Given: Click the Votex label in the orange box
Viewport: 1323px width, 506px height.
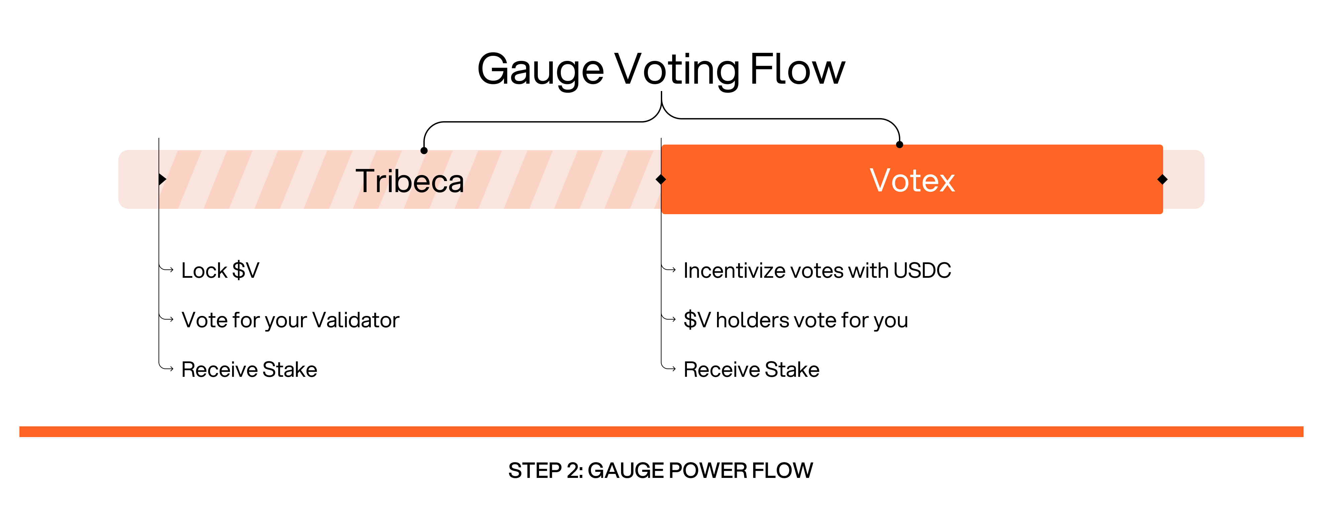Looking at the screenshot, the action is tap(912, 180).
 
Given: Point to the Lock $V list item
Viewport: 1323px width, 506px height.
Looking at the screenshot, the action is tap(220, 270).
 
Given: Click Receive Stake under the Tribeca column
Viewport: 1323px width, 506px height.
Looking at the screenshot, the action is tap(249, 369).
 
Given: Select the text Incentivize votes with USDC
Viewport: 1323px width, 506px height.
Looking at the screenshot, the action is tap(817, 270).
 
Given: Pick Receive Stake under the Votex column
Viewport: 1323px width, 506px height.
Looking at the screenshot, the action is tap(751, 369).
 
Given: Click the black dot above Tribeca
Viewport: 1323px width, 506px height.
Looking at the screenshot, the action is tap(424, 151).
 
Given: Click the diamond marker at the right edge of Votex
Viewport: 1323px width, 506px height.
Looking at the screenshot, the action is tap(1163, 179).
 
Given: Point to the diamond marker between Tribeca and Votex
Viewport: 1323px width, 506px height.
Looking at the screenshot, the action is tap(661, 179).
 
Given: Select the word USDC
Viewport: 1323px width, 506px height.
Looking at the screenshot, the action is tap(922, 270).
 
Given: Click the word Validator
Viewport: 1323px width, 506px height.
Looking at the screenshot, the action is tap(356, 320).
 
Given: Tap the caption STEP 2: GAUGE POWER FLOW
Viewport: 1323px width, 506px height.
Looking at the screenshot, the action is tap(660, 471).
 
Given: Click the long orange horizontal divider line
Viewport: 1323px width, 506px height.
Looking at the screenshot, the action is tap(661, 431).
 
